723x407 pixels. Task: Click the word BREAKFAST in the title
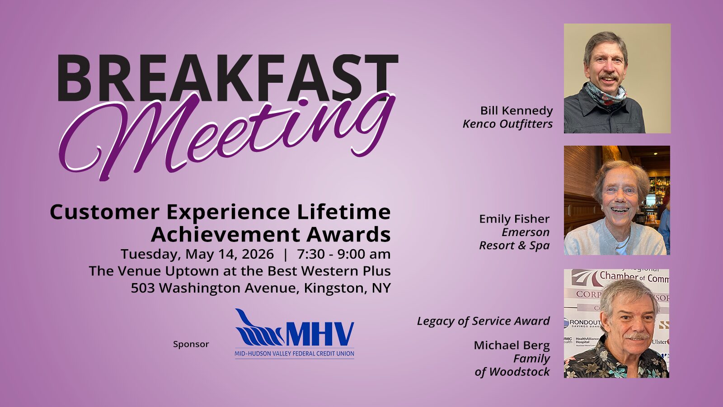point(228,78)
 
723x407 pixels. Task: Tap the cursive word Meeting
point(227,136)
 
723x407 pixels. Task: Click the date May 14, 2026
point(230,254)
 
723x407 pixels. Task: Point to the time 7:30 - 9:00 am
point(344,254)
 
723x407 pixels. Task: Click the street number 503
point(142,288)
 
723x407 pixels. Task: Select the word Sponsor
point(191,344)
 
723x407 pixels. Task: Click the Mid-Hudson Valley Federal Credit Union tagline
point(294,354)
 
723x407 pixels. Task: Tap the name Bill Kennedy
point(516,111)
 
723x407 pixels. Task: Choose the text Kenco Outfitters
point(508,124)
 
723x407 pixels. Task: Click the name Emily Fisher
point(514,219)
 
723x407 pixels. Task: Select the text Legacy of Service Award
point(483,322)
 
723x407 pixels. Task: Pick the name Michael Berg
point(512,345)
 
